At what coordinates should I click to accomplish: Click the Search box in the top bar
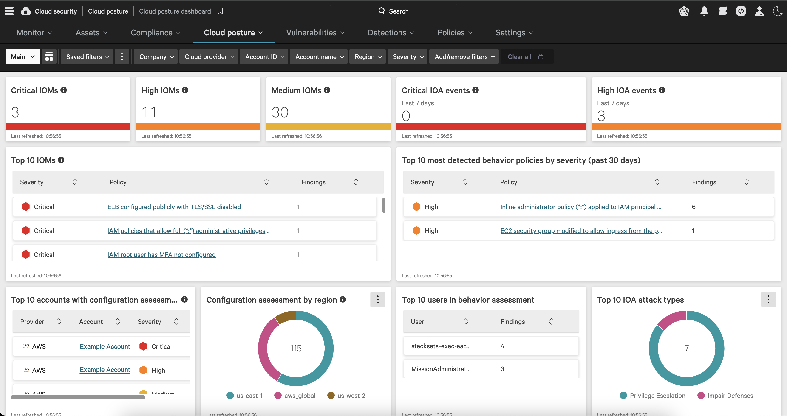click(x=393, y=11)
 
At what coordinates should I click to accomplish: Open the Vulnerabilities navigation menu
click(x=315, y=33)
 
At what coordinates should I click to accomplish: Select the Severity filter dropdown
click(x=408, y=57)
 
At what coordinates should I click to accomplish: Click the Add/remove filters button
click(x=464, y=57)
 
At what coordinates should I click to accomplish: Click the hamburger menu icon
click(x=9, y=11)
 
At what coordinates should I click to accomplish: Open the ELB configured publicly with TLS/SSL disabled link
click(x=174, y=207)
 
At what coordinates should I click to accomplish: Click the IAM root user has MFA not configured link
click(x=161, y=255)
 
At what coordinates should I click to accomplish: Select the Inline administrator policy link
click(x=580, y=207)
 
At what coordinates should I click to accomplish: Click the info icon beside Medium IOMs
click(x=327, y=90)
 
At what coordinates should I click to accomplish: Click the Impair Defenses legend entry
click(x=726, y=396)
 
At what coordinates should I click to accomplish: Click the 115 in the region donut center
click(x=295, y=349)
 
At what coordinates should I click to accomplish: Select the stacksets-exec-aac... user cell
click(x=441, y=346)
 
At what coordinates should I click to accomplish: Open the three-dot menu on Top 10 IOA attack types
click(x=768, y=300)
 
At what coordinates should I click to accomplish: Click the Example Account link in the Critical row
click(x=105, y=347)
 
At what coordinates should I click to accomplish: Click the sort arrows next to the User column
click(x=466, y=322)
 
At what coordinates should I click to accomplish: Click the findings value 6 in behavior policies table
click(x=694, y=207)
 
